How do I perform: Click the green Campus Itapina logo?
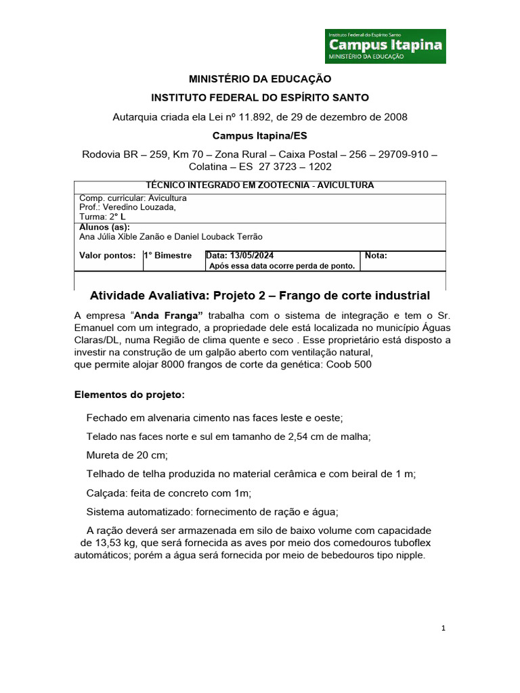pos(385,46)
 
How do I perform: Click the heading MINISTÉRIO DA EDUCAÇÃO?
pos(260,80)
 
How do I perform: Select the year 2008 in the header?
pos(395,116)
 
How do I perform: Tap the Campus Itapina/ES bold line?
pos(260,135)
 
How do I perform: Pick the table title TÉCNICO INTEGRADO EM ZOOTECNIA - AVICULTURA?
pos(260,185)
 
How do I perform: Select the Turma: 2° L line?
pos(98,217)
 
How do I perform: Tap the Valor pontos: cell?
pos(108,256)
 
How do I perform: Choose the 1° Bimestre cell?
pos(168,256)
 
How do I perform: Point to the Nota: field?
pos(376,256)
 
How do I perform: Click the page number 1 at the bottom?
pos(443,629)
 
